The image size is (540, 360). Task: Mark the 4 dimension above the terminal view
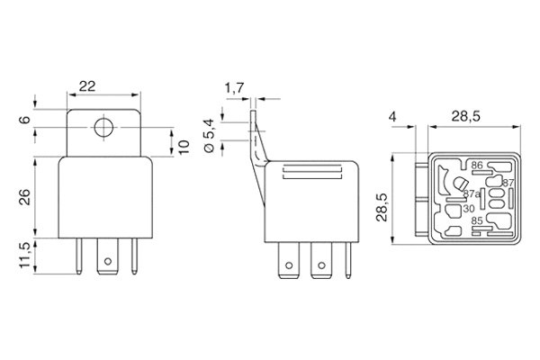(394, 115)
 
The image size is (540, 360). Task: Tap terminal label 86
(476, 165)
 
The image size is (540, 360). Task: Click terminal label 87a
(471, 193)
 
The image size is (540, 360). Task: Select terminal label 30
(469, 209)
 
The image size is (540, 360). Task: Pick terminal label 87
(507, 183)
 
